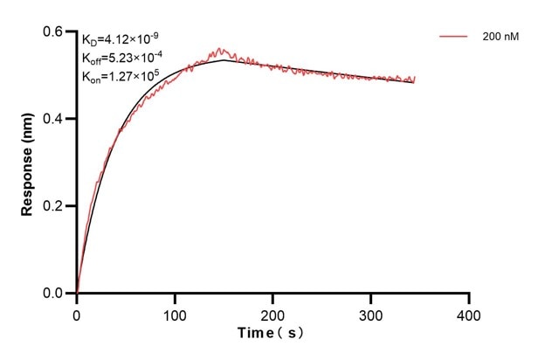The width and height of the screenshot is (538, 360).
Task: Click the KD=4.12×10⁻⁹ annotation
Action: click(x=121, y=39)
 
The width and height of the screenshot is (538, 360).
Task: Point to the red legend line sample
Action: click(x=453, y=37)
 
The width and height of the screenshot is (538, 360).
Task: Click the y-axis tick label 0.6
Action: click(x=55, y=31)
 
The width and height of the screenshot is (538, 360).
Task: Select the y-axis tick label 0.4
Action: click(x=55, y=119)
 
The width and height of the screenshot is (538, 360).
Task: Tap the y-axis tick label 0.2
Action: click(x=55, y=206)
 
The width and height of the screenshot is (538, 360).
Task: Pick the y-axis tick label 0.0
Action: click(x=55, y=294)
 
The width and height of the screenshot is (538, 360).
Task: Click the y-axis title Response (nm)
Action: click(x=28, y=163)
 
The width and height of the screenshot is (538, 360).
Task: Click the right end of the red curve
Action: click(x=415, y=78)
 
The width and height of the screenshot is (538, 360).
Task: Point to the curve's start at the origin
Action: click(x=77, y=293)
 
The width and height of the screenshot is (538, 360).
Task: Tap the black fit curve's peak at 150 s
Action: click(x=224, y=59)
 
